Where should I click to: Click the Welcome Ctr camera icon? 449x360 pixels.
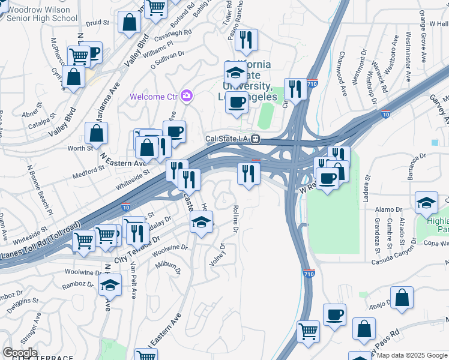[x=187, y=95]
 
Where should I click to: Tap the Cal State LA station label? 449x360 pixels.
[x=228, y=139]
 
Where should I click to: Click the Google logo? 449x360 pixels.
[x=20, y=353]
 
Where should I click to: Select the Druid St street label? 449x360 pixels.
[x=97, y=23]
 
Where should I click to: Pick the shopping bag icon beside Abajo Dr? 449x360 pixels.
[x=402, y=298]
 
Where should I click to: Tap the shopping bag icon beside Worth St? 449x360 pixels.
[x=96, y=133]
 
